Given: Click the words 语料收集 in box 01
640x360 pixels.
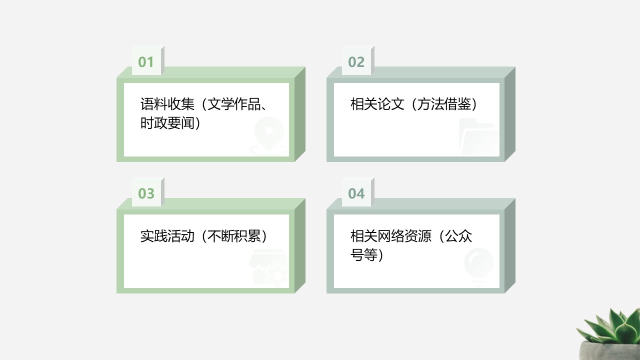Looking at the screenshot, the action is pyautogui.click(x=167, y=103).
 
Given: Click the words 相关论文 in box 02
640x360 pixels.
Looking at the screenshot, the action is pyautogui.click(x=377, y=103).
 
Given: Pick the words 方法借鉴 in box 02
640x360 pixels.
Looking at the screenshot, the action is pyautogui.click(x=444, y=103).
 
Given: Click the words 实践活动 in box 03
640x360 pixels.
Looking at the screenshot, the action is pyautogui.click(x=167, y=236).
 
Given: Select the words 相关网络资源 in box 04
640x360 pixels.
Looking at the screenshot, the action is pyautogui.click(x=390, y=236).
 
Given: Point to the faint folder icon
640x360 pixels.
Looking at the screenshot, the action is pyautogui.click(x=479, y=136).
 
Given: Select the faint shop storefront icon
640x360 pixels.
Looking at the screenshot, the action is pyautogui.click(x=269, y=267).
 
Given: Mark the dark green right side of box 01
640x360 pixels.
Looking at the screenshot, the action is pyautogui.click(x=300, y=114).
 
